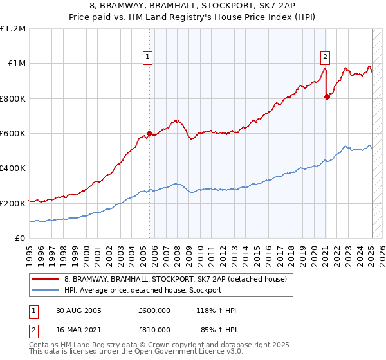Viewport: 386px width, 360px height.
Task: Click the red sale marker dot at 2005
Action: click(149, 134)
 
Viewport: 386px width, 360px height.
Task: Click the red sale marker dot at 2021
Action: click(327, 96)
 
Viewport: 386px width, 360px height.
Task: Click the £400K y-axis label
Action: click(13, 168)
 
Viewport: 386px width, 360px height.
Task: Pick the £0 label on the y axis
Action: click(21, 238)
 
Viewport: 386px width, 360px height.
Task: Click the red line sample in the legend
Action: click(46, 278)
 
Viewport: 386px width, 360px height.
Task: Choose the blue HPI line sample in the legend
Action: click(46, 290)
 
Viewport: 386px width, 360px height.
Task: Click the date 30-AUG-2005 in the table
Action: click(78, 310)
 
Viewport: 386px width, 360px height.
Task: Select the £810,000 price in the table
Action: click(154, 329)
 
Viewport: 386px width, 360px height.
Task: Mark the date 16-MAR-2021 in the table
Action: click(78, 329)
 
